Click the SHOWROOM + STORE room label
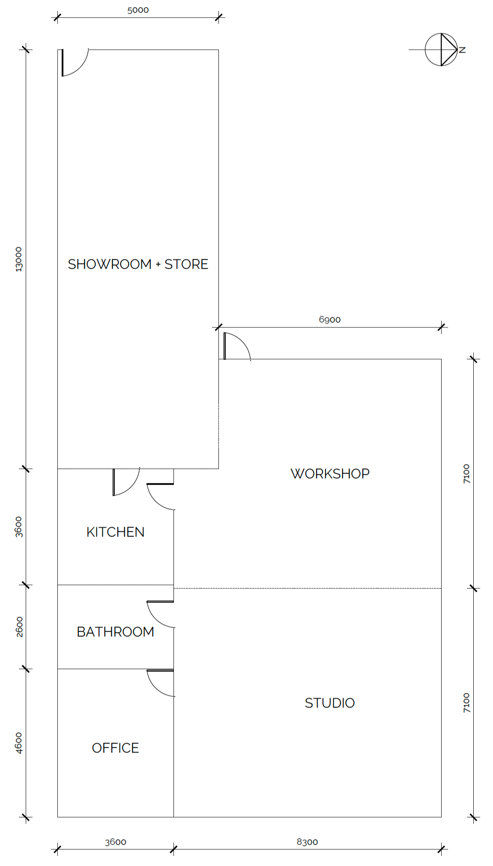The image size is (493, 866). pyautogui.click(x=138, y=264)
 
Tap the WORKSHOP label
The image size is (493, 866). pyautogui.click(x=330, y=473)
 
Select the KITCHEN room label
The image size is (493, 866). pyautogui.click(x=115, y=532)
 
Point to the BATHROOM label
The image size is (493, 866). pyautogui.click(x=115, y=632)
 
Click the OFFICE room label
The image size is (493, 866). pyautogui.click(x=115, y=748)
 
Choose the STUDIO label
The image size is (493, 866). pyautogui.click(x=330, y=703)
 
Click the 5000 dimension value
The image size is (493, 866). pyautogui.click(x=138, y=10)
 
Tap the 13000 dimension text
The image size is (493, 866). pyautogui.click(x=18, y=259)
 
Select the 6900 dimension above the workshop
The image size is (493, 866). pyautogui.click(x=330, y=319)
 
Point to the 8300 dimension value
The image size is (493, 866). pyautogui.click(x=307, y=842)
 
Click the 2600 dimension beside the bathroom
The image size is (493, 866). pyautogui.click(x=19, y=626)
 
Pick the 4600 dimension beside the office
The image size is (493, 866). pyautogui.click(x=18, y=743)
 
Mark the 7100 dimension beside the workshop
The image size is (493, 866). pyautogui.click(x=466, y=473)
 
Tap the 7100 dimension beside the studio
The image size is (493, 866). pyautogui.click(x=466, y=703)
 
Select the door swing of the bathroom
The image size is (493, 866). pyautogui.click(x=159, y=614)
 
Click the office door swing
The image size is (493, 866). pyautogui.click(x=159, y=683)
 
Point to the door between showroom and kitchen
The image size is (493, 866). pyautogui.click(x=125, y=482)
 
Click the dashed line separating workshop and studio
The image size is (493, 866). pyautogui.click(x=307, y=588)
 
